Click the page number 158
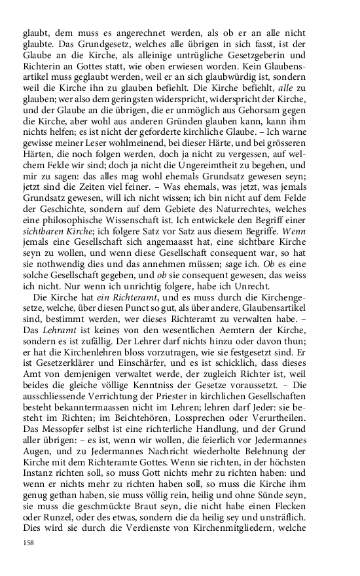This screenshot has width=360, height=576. (28, 543)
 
